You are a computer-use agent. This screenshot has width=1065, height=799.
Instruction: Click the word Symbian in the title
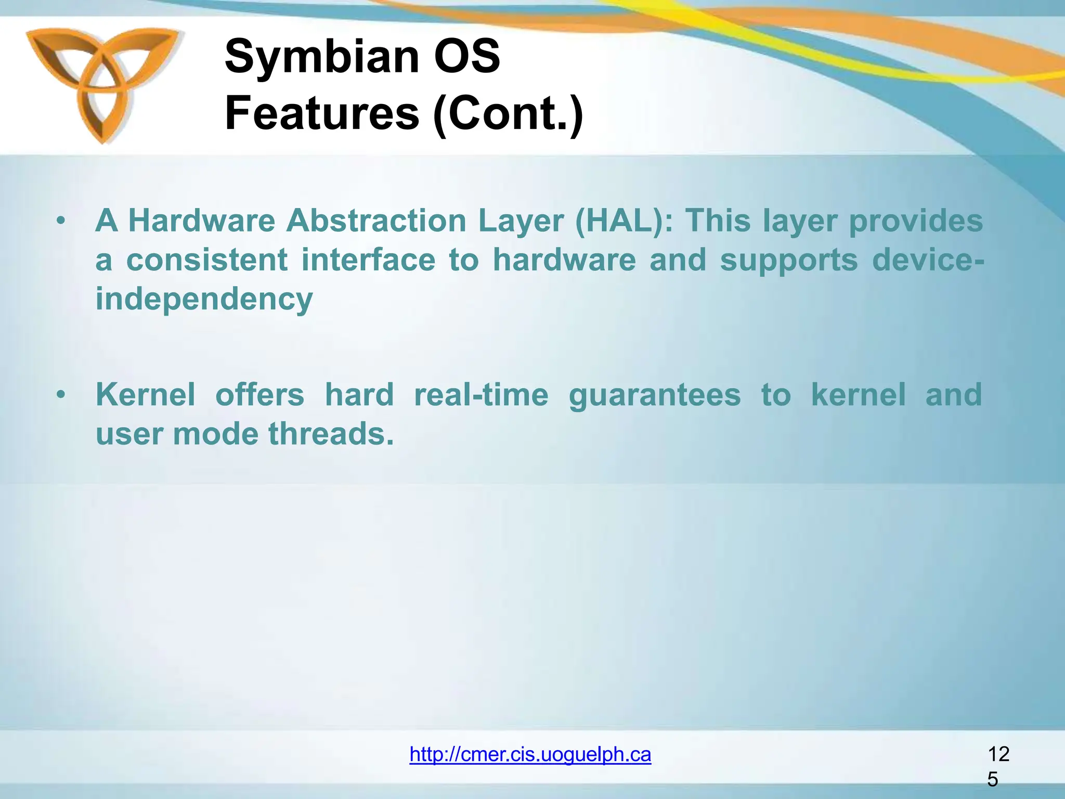pyautogui.click(x=321, y=57)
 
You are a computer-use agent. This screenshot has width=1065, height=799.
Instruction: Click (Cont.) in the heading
pyautogui.click(x=508, y=114)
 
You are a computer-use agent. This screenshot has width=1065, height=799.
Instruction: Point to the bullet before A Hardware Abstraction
pyautogui.click(x=61, y=221)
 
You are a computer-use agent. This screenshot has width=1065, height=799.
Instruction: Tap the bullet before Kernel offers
pyautogui.click(x=61, y=395)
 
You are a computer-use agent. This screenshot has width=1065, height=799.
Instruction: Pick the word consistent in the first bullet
pyautogui.click(x=207, y=260)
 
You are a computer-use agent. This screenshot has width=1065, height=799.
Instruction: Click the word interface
pyautogui.click(x=368, y=260)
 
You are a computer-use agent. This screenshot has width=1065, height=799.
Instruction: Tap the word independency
pyautogui.click(x=204, y=299)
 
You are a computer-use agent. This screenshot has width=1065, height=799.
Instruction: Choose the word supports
pyautogui.click(x=788, y=261)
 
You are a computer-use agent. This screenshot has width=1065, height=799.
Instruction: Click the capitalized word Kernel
pyautogui.click(x=146, y=394)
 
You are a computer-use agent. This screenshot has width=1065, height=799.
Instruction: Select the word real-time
pyautogui.click(x=481, y=394)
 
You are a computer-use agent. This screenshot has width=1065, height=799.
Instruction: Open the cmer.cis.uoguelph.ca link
pyautogui.click(x=530, y=754)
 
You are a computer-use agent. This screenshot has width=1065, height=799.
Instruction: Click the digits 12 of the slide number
pyautogui.click(x=998, y=754)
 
